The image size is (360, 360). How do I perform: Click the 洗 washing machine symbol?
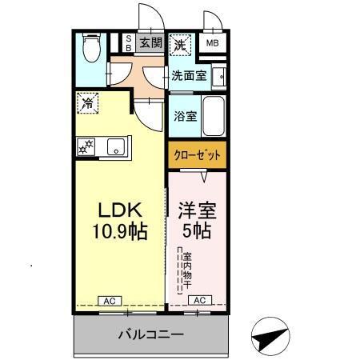[x=182, y=44]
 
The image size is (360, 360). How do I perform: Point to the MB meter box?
[x=213, y=44]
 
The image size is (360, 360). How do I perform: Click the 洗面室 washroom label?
[x=190, y=76]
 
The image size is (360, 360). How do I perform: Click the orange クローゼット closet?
[x=196, y=154]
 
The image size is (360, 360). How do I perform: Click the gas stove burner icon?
[x=86, y=146]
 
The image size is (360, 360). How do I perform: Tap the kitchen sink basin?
[x=115, y=146]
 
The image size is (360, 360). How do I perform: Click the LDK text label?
[x=119, y=210]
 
